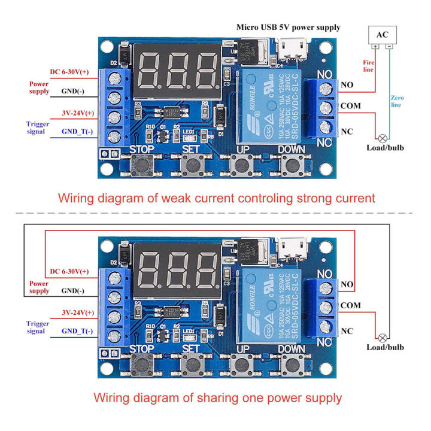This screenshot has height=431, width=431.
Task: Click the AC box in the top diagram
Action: point(382,34)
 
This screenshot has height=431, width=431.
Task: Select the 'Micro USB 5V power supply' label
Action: point(289,27)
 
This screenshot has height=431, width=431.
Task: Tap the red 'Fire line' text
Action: point(368,65)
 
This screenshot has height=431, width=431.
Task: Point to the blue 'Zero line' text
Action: point(396,101)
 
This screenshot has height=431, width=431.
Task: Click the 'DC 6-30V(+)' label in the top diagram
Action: point(69,72)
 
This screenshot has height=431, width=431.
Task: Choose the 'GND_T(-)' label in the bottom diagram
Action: point(78,332)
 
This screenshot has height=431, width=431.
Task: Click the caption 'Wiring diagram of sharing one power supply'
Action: point(218,397)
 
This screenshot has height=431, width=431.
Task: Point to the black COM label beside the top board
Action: point(350,106)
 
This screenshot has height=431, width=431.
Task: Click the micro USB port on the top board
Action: point(294,46)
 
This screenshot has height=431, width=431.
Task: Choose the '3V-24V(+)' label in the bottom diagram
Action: point(78,312)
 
